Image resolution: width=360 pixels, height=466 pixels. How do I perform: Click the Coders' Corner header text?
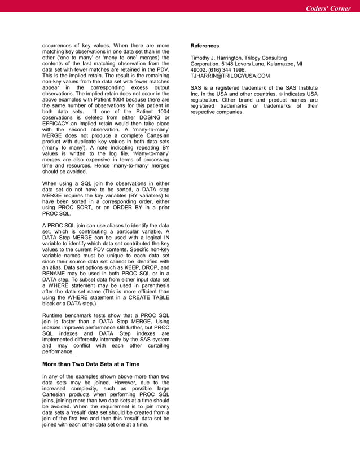coord(328,8)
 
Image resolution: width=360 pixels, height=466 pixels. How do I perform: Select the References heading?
coord(205,45)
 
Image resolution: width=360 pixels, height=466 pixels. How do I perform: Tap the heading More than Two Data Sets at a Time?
coord(91,364)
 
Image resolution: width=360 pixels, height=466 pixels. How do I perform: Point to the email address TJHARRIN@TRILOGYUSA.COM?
coord(222,76)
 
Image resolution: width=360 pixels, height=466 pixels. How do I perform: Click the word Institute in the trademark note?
coord(304,87)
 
